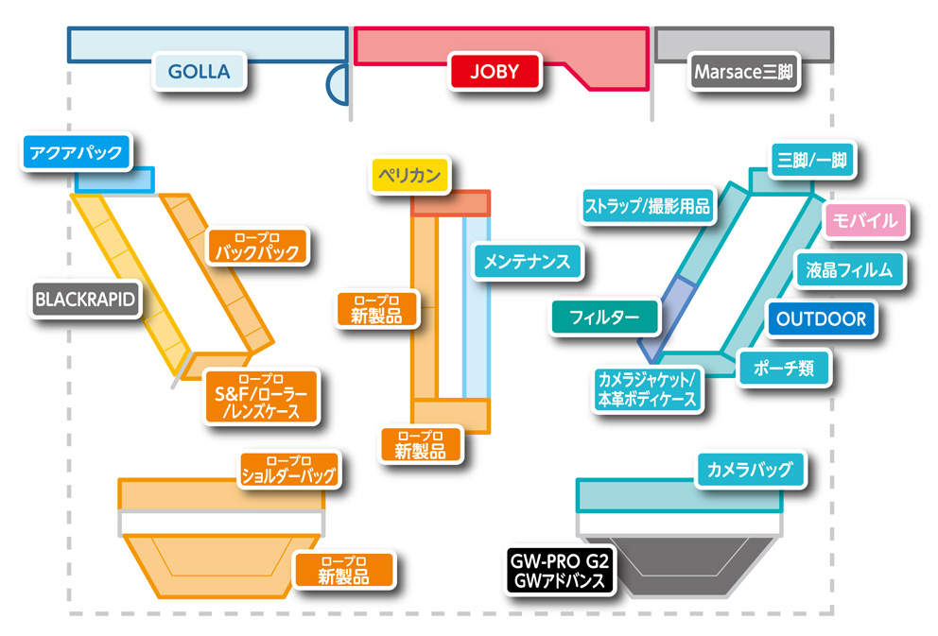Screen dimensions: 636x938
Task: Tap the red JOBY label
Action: click(495, 72)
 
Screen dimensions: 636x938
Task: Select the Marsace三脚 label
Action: click(746, 72)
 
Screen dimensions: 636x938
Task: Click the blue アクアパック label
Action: click(76, 153)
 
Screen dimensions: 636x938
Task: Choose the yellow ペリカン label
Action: click(411, 176)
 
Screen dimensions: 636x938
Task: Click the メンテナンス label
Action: click(528, 260)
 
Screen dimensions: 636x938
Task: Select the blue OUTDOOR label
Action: click(821, 318)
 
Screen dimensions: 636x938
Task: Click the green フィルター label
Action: click(605, 316)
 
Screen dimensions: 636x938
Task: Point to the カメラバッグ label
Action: click(750, 468)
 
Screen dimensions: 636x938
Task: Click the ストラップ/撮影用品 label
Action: click(648, 205)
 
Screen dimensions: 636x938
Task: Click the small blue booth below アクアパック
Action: click(115, 180)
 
